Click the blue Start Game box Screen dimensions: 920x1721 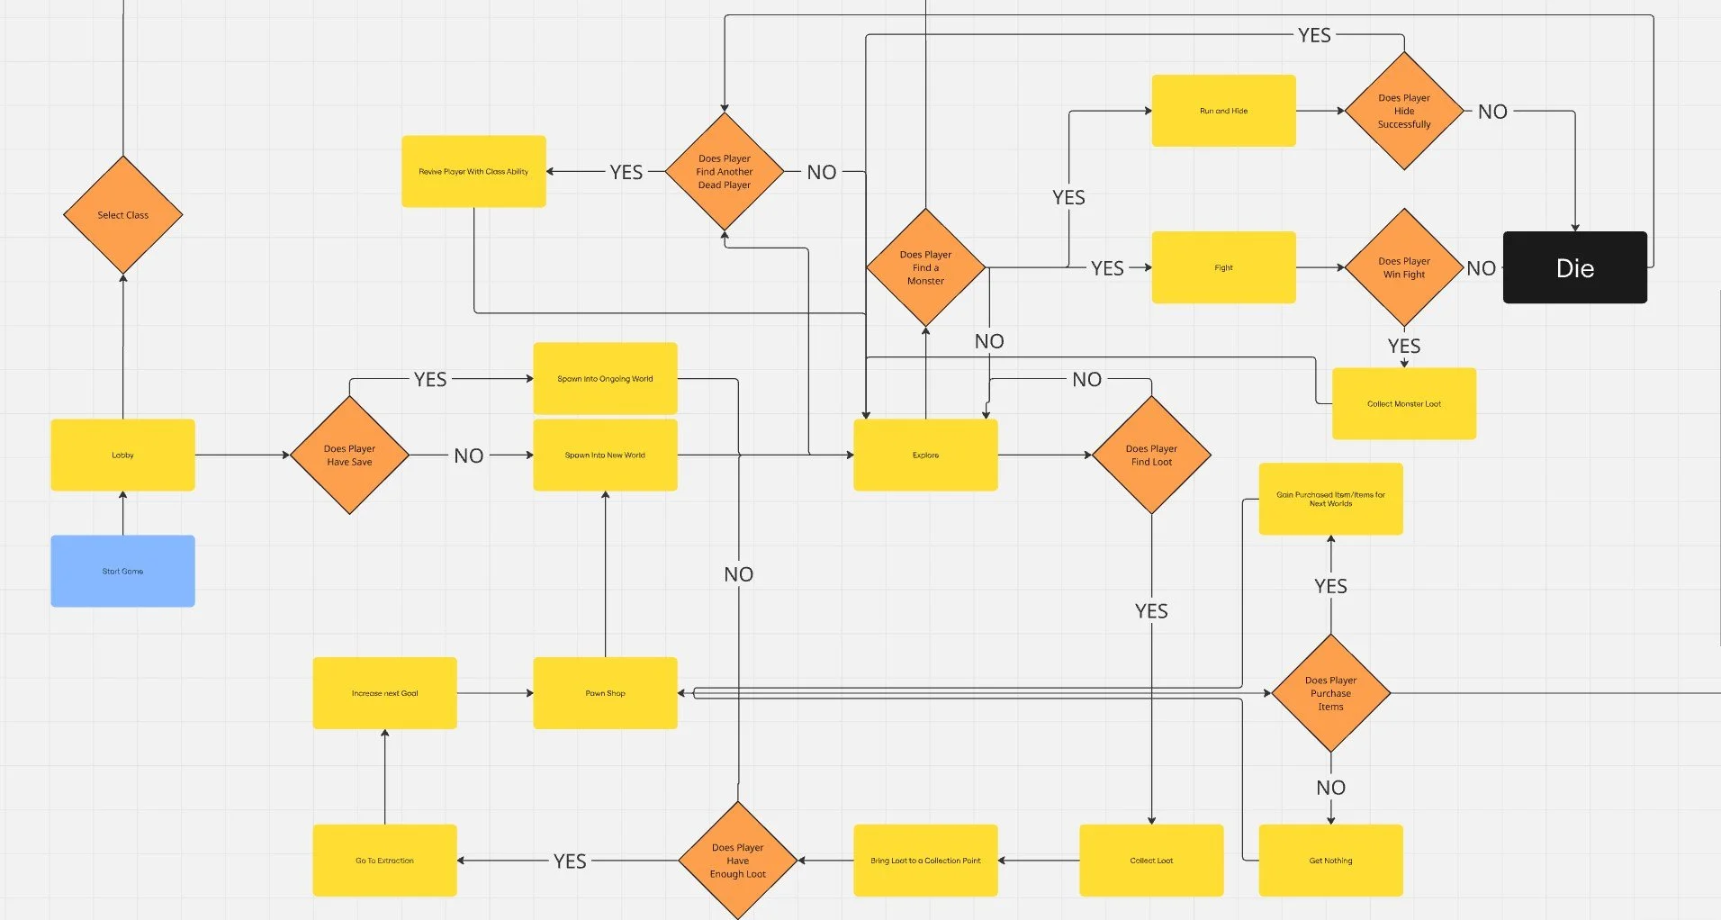pyautogui.click(x=122, y=571)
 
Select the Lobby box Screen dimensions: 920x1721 pyautogui.click(x=122, y=455)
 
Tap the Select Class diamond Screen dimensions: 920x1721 pyautogui.click(x=123, y=215)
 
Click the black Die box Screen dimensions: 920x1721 pyautogui.click(x=1574, y=267)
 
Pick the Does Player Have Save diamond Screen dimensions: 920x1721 pyautogui.click(x=349, y=455)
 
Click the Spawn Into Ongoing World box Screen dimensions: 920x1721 pyautogui.click(x=605, y=378)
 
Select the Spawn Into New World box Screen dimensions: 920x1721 pyautogui.click(x=605, y=455)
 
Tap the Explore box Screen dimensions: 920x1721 pyautogui.click(x=925, y=455)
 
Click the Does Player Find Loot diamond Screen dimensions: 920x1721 pyautogui.click(x=1151, y=455)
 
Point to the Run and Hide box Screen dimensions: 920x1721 pyautogui.click(x=1223, y=111)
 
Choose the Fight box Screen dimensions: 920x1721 pyautogui.click(x=1223, y=267)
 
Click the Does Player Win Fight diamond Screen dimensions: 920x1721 pyautogui.click(x=1403, y=267)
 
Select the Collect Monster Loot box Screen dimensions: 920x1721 pyautogui.click(x=1403, y=403)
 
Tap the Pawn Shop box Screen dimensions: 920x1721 pyautogui.click(x=605, y=693)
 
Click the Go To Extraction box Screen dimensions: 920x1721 pyautogui.click(x=384, y=861)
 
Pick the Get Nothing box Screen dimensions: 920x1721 pyautogui.click(x=1330, y=861)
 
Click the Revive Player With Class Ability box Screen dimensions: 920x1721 pyautogui.click(x=473, y=171)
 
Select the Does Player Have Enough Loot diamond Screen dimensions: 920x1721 pyautogui.click(x=737, y=861)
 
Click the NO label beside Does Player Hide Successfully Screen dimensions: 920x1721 pyautogui.click(x=1492, y=112)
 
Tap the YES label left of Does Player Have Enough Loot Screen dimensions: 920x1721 pyautogui.click(x=570, y=861)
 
